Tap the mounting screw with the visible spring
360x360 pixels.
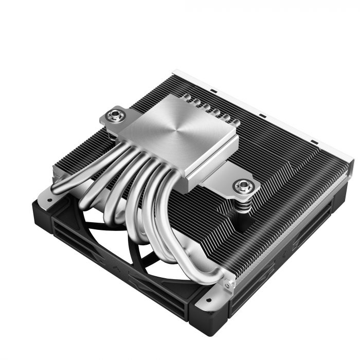pyautogui.click(x=240, y=185)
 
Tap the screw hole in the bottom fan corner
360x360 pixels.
pyautogui.click(x=207, y=299)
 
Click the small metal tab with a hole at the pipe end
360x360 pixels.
pyautogui.click(x=228, y=280)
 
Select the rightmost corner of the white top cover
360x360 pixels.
pyautogui.click(x=352, y=164)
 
